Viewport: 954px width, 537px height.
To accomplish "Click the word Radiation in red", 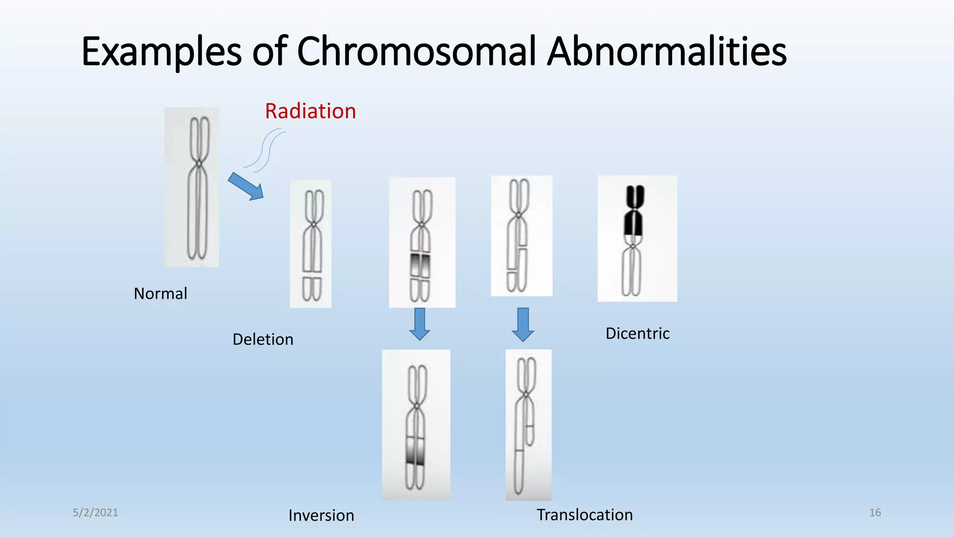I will [x=310, y=111].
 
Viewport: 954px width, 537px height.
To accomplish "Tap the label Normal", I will [x=160, y=294].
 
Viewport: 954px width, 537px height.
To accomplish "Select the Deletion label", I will [x=263, y=339].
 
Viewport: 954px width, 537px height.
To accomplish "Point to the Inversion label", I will [x=321, y=516].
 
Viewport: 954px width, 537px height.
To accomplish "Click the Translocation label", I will [x=585, y=515].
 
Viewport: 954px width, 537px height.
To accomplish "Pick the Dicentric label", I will [x=637, y=334].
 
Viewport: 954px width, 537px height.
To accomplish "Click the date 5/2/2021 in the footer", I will [x=95, y=513].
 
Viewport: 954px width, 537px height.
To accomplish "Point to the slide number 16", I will [x=875, y=513].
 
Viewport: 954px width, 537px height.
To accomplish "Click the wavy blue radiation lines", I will [x=265, y=150].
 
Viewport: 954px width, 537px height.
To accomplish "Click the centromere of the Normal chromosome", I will [x=199, y=163].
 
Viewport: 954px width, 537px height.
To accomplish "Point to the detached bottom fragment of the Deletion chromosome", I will [x=312, y=289].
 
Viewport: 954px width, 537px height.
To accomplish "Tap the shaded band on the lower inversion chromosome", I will [x=415, y=451].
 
